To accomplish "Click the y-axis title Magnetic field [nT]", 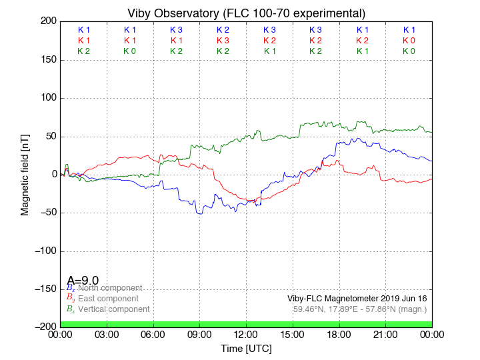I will click(25, 173).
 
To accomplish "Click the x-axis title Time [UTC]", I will click(246, 349).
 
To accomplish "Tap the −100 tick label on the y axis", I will click(44, 251).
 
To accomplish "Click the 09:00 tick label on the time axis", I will click(199, 335).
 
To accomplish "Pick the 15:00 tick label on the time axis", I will click(293, 335).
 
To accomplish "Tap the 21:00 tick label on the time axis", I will click(385, 335).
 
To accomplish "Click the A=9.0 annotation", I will click(83, 281).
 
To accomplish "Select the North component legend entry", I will click(108, 288).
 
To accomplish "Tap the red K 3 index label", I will click(223, 41).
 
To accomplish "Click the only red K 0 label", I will click(409, 41).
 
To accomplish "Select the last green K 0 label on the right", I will click(409, 51).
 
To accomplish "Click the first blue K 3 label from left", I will click(176, 30).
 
